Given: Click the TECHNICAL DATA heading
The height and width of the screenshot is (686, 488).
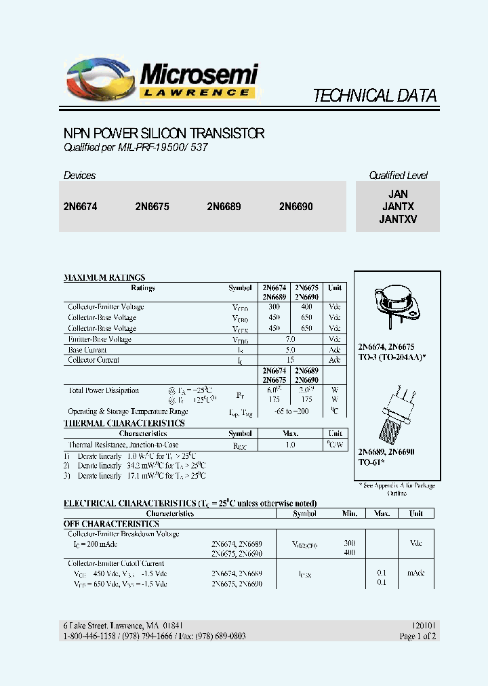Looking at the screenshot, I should [x=374, y=96].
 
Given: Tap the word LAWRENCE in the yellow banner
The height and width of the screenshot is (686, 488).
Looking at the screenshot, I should [x=198, y=92].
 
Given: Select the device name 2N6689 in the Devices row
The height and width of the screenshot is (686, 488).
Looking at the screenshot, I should [x=224, y=207].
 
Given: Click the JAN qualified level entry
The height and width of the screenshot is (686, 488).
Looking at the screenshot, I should [x=398, y=194].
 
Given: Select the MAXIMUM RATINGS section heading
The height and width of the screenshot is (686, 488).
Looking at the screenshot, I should [x=104, y=277].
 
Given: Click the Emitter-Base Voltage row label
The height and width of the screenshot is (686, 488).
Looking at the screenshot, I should [x=100, y=339].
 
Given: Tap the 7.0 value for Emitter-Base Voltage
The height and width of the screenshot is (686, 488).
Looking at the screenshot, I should [x=291, y=338].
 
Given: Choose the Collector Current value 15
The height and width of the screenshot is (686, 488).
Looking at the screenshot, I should [x=291, y=360].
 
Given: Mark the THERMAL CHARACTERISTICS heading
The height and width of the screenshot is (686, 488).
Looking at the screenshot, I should [x=124, y=423].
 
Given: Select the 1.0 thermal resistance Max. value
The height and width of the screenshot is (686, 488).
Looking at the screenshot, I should [x=291, y=445].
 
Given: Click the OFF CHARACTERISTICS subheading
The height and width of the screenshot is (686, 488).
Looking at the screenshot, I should [x=111, y=524].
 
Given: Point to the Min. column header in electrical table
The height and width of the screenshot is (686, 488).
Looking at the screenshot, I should [x=349, y=513].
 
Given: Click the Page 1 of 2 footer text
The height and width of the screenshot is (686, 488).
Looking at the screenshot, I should [x=418, y=637].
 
